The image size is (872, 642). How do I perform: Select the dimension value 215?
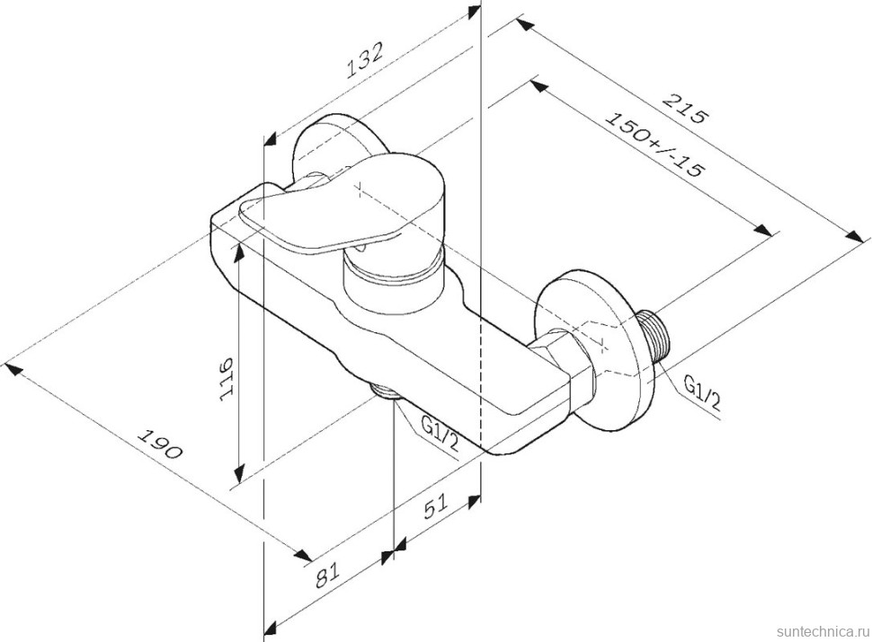click(x=686, y=108)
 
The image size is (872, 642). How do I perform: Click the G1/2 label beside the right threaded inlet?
click(x=701, y=394)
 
